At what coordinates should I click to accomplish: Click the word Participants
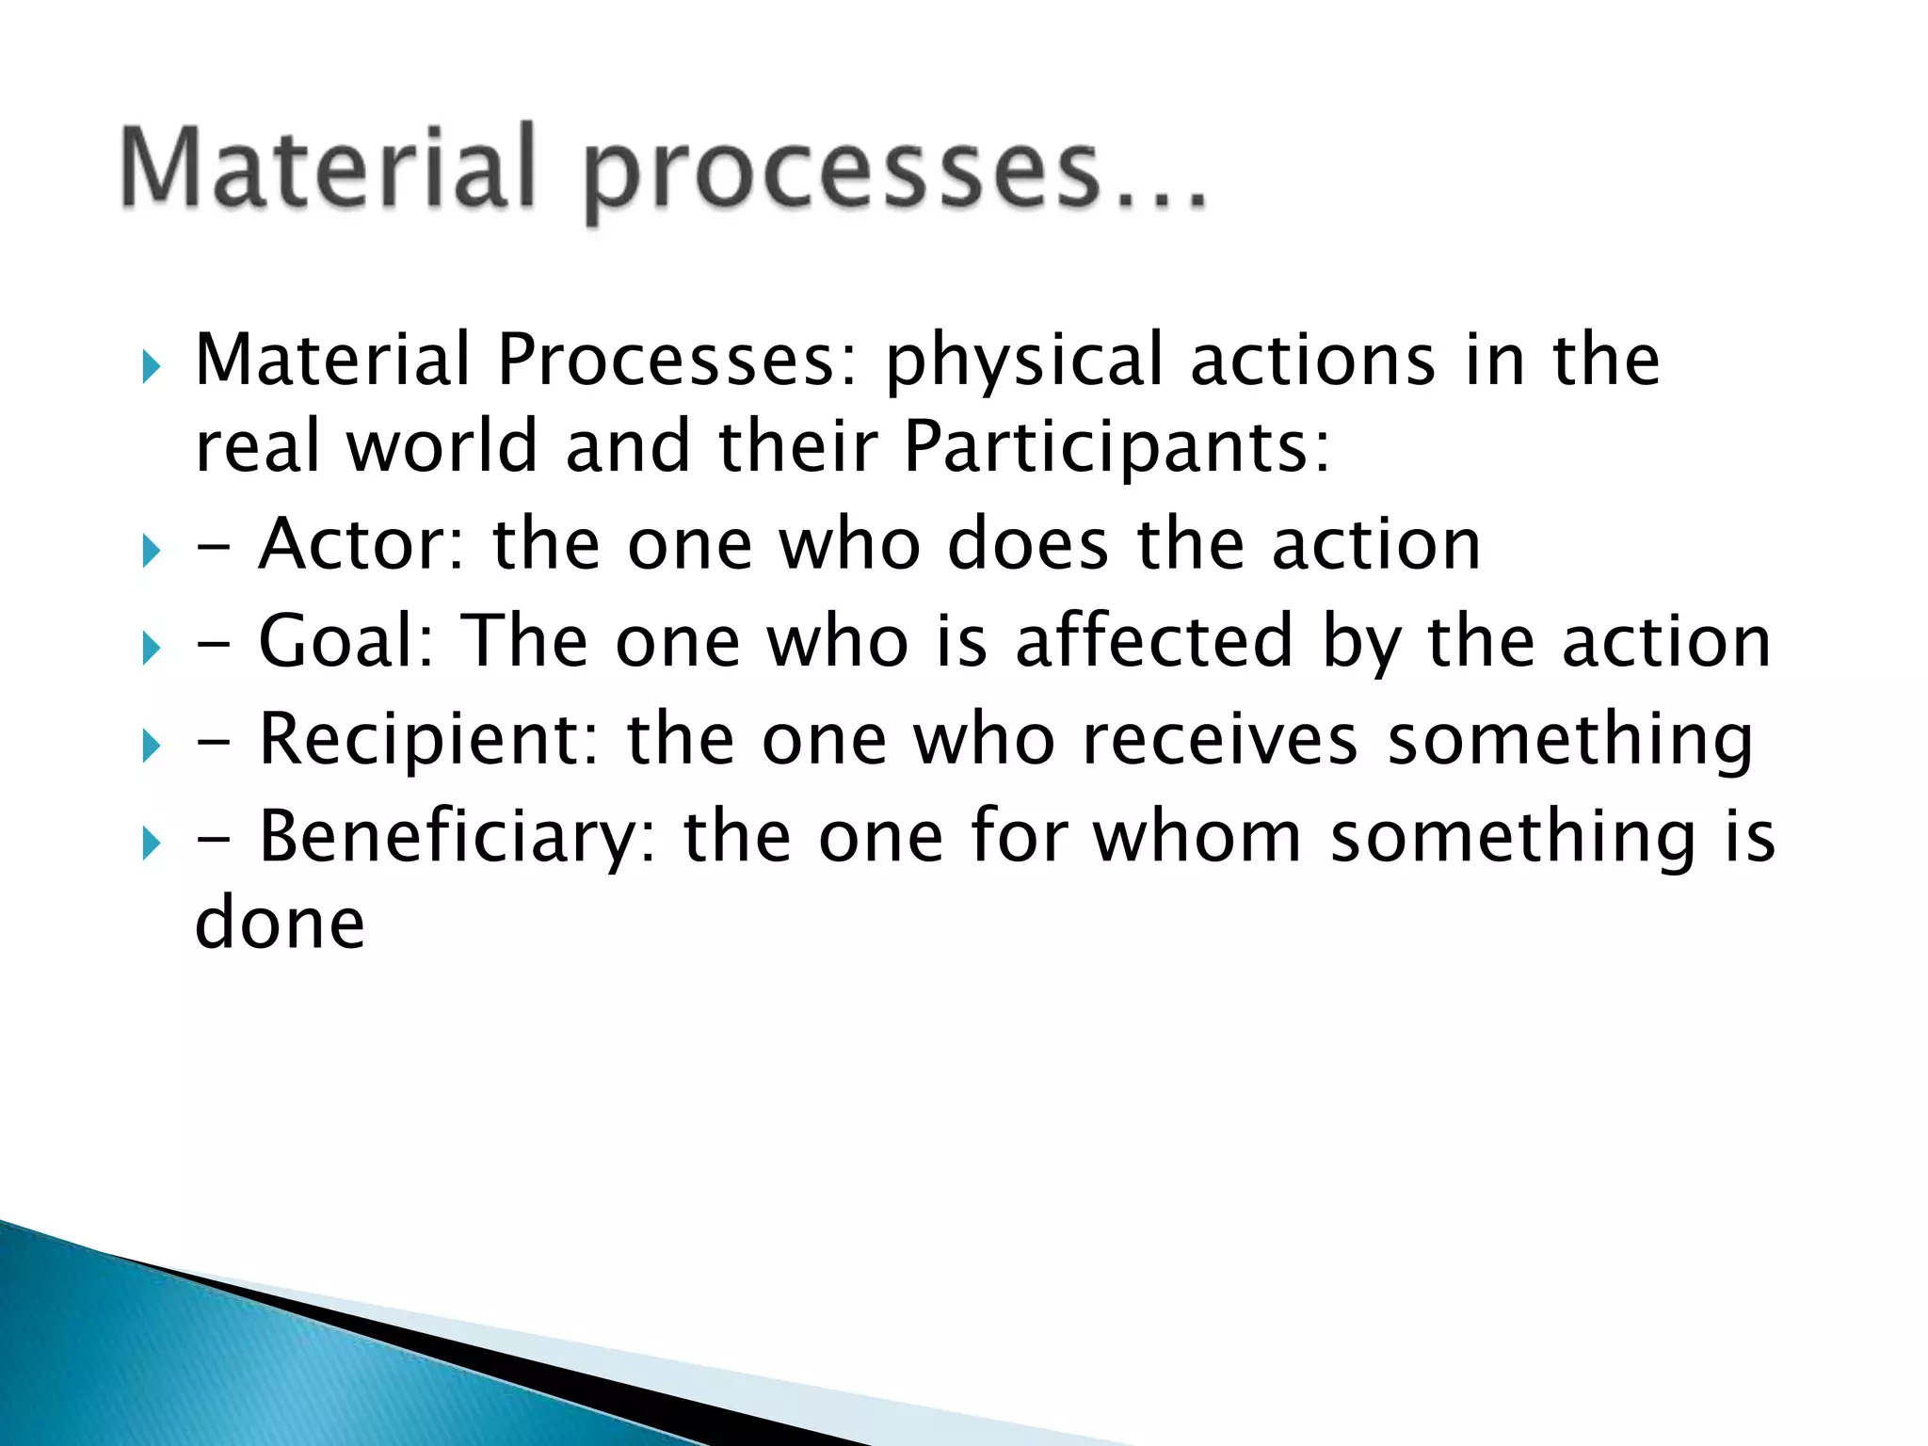click(1117, 446)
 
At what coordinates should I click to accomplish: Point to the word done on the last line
click(280, 923)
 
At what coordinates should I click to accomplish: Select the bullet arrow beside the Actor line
click(151, 551)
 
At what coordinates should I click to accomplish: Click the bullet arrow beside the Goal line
click(151, 649)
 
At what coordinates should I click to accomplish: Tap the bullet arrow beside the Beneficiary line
click(151, 843)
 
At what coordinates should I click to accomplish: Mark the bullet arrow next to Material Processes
click(151, 367)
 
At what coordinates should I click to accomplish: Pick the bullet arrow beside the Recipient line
click(151, 747)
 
